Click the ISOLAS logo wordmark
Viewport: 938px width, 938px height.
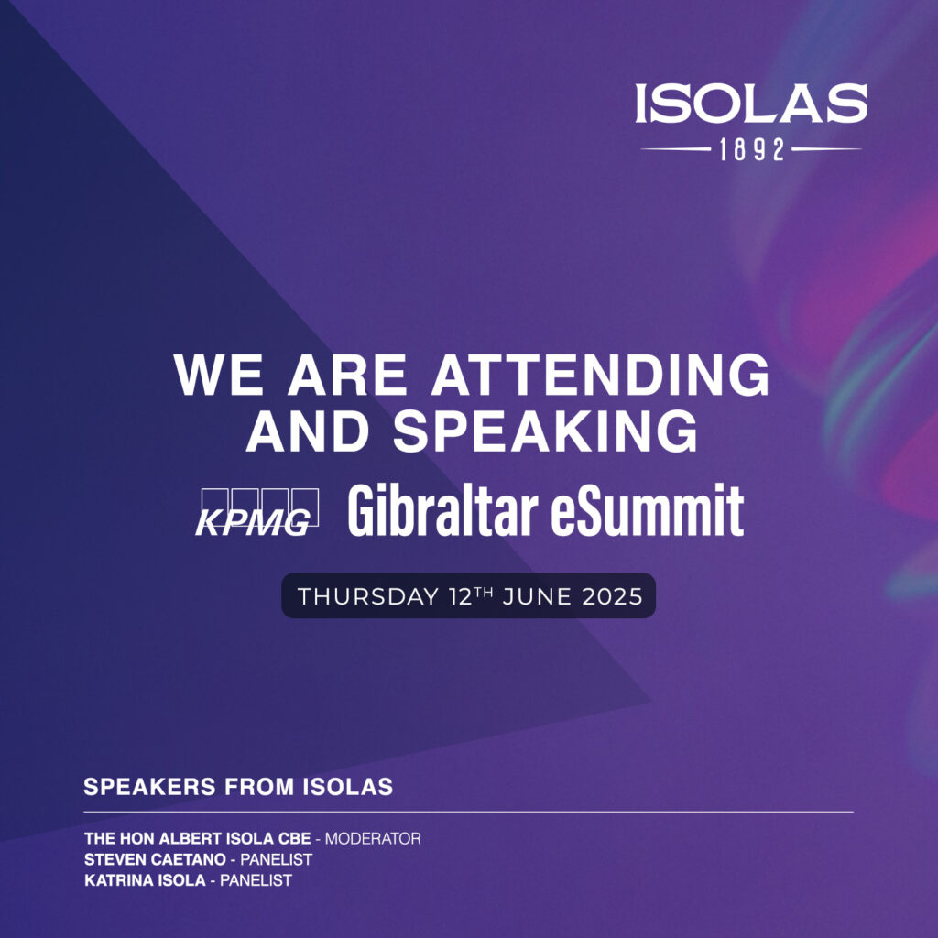coord(751,104)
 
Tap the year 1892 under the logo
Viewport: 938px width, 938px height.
coord(751,149)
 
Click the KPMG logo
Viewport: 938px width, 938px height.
coord(256,513)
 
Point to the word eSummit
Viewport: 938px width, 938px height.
coord(647,510)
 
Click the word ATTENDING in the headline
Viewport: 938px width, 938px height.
coord(600,375)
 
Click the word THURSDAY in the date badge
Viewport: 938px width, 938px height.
coord(368,597)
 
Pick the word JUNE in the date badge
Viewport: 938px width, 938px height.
coord(537,597)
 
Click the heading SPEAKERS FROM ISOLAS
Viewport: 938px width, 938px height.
coord(238,787)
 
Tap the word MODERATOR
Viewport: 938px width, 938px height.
coord(373,839)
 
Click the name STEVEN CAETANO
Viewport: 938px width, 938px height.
coord(155,859)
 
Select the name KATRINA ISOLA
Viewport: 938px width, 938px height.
coord(145,880)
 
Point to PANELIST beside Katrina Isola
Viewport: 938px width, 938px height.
coord(256,880)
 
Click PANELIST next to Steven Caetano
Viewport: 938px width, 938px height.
coord(276,859)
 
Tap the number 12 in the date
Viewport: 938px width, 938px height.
coord(462,597)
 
